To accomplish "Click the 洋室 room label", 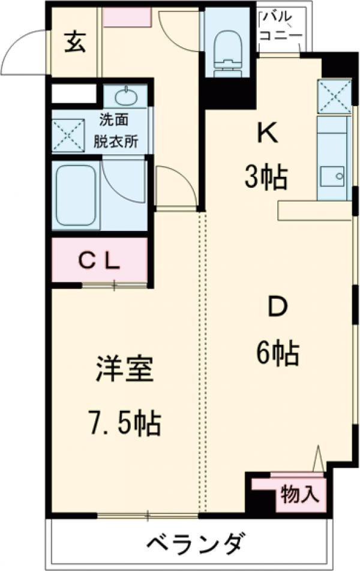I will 125,370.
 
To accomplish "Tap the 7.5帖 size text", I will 127,423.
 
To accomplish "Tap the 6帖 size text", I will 277,354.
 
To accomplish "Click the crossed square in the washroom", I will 66,133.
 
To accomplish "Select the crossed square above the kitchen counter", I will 334,96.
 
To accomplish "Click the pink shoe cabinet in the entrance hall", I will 126,17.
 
